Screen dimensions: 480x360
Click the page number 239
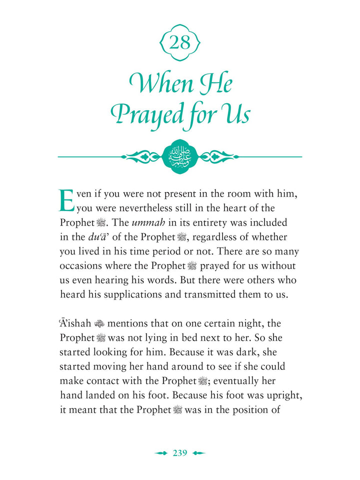180,453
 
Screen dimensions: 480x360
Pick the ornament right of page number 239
198,453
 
